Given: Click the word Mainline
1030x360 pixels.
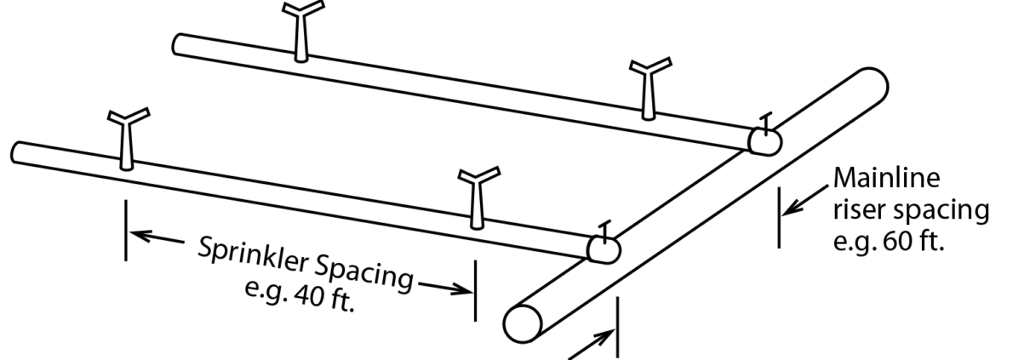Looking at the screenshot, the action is (886, 179).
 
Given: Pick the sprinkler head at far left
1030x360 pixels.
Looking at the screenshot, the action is (128, 139).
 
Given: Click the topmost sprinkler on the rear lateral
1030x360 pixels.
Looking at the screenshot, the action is (302, 31).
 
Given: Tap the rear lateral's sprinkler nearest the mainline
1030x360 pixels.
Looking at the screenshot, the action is (649, 89).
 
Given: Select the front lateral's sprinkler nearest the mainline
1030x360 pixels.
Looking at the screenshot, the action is (478, 197).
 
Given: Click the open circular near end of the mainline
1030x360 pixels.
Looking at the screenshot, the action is (523, 323).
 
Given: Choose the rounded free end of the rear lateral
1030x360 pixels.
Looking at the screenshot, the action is (179, 44).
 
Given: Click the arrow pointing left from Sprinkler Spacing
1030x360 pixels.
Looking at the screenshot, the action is (157, 237).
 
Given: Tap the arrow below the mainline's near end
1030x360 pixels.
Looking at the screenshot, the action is (592, 345).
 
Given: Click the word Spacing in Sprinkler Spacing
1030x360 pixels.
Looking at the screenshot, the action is (364, 274).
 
